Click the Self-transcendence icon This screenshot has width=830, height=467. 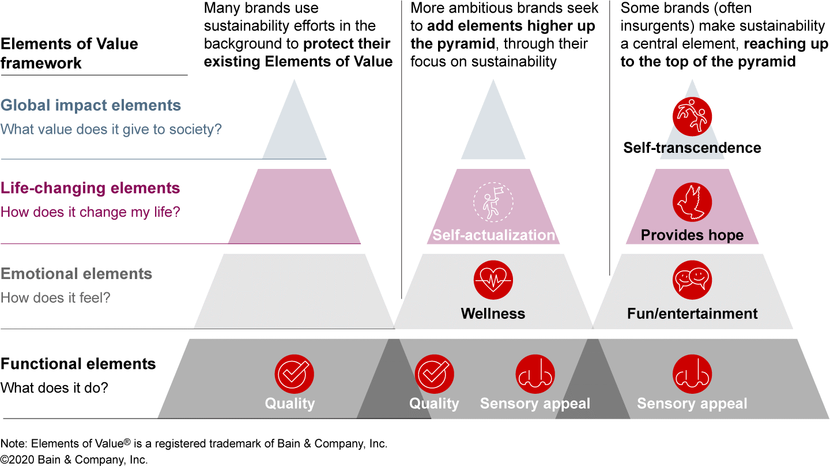[692, 116]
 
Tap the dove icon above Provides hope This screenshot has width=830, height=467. [692, 203]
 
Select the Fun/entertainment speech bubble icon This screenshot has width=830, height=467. [692, 280]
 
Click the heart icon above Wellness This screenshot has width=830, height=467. [493, 280]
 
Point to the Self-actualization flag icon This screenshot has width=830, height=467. [493, 202]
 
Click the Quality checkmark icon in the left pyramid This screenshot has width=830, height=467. [294, 374]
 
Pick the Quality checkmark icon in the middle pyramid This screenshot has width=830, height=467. [435, 374]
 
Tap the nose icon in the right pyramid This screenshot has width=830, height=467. [692, 374]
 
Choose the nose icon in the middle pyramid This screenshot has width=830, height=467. [535, 374]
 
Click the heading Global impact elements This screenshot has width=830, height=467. [90, 106]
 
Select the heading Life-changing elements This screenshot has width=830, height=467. [90, 189]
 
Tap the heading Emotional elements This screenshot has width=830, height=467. [76, 274]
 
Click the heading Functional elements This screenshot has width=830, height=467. [78, 364]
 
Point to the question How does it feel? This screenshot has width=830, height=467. [55, 298]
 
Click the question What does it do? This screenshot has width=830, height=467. [54, 388]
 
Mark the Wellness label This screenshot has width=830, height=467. [493, 314]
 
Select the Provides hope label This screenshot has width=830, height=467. [692, 235]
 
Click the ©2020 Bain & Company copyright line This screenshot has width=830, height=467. [74, 460]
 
